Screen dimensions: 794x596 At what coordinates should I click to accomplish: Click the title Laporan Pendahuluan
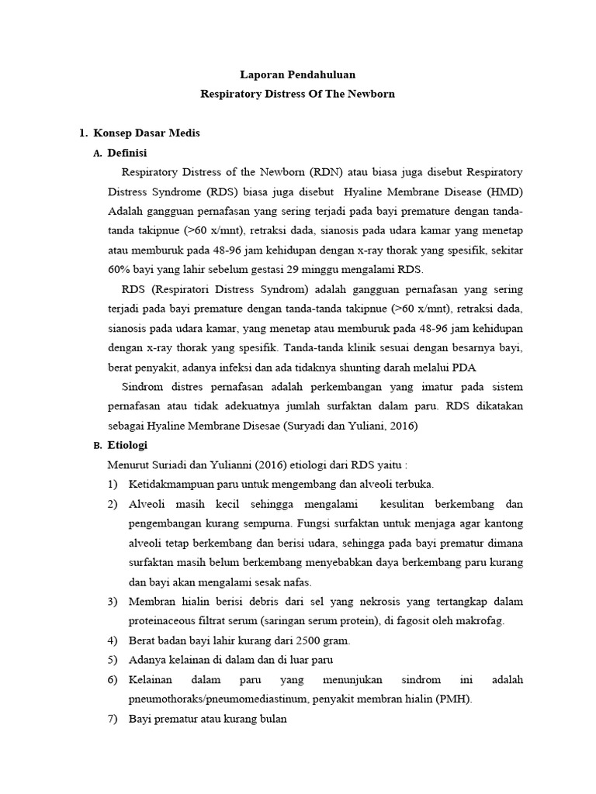click(297, 75)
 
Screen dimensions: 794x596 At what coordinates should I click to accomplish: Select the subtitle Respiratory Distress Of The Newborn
click(297, 94)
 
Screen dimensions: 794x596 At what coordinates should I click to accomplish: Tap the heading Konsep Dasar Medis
click(146, 133)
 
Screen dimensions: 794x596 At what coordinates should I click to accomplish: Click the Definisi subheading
click(127, 152)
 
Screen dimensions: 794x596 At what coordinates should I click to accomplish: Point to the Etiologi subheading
click(127, 445)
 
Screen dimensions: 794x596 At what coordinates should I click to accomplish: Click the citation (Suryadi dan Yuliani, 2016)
click(351, 425)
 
